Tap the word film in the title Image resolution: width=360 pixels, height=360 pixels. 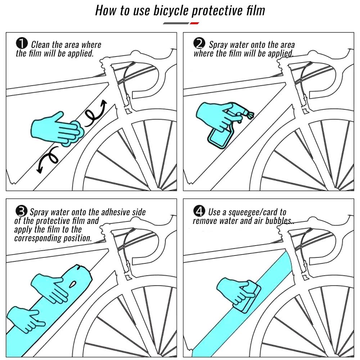point(253,11)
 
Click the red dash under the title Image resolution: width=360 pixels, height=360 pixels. point(194,23)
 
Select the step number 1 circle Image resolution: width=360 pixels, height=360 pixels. point(22,44)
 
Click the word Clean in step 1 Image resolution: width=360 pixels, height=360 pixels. point(41,45)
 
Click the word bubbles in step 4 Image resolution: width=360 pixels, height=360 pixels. point(277,220)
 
